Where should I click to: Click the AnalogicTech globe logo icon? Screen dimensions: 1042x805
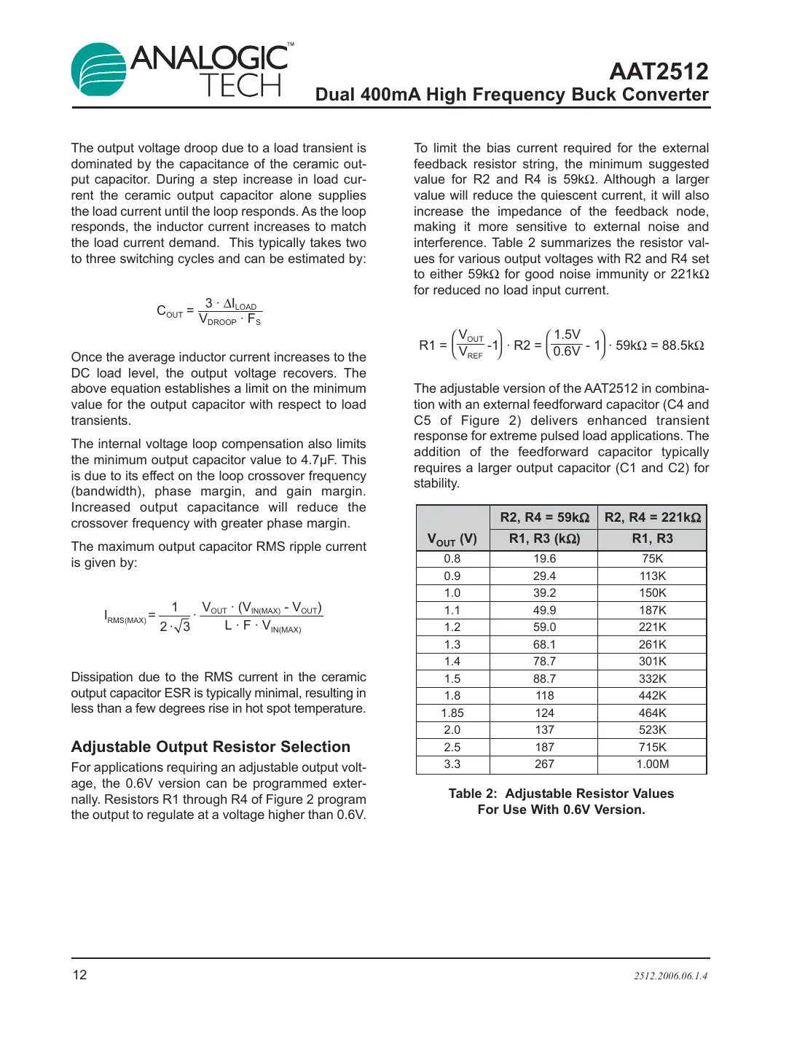click(x=99, y=70)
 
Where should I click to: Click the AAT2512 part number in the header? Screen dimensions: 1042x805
click(x=659, y=71)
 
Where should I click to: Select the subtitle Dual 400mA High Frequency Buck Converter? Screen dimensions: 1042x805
click(x=511, y=95)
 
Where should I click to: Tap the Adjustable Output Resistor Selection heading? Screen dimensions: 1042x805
click(x=211, y=747)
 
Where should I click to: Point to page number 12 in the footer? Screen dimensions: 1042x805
click(x=79, y=975)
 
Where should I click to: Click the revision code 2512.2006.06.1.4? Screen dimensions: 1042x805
click(x=670, y=976)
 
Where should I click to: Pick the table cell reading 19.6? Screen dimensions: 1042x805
click(x=544, y=559)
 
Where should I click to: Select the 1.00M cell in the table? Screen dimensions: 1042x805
click(x=652, y=764)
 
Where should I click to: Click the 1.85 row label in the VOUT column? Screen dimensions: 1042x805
click(x=452, y=713)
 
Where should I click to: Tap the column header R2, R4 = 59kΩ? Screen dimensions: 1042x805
click(x=544, y=517)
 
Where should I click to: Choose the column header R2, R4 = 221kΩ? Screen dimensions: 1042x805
click(x=652, y=517)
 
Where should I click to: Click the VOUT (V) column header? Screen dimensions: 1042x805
click(x=452, y=539)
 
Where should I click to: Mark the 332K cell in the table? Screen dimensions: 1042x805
click(x=652, y=679)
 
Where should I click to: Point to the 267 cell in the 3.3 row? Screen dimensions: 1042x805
click(x=544, y=764)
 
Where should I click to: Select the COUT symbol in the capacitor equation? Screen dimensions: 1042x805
click(x=170, y=312)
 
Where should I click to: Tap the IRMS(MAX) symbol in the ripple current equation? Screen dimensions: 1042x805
click(x=125, y=617)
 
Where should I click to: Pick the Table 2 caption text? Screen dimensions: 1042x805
click(x=561, y=802)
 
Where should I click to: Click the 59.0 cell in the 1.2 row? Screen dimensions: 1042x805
click(x=544, y=627)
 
